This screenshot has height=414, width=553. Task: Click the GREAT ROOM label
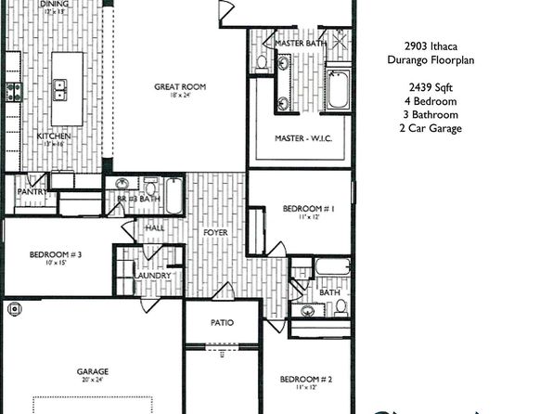coord(179,87)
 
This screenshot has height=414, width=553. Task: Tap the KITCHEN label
coord(53,136)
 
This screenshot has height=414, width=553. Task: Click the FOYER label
coord(216,232)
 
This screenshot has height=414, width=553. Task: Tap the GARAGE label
coord(92,371)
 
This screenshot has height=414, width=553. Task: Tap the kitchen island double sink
coord(60,90)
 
